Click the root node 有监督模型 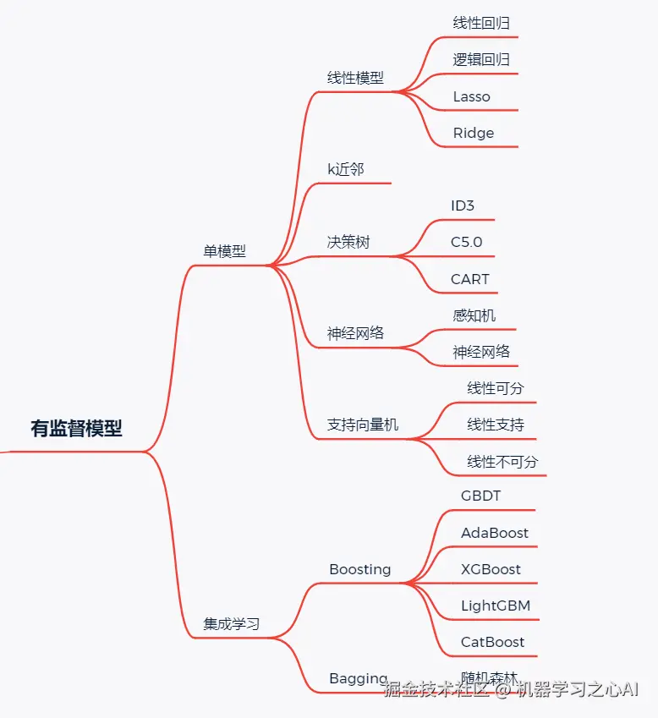point(76,429)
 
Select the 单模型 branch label point(224,251)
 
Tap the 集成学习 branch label point(231,625)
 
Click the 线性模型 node point(355,78)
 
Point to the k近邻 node point(346,169)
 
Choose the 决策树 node point(348,242)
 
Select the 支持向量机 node point(363,425)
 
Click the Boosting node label point(360,569)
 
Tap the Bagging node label point(359,679)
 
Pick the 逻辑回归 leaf point(481,59)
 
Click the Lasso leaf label point(471,96)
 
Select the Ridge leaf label point(473,133)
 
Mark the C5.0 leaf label point(466,242)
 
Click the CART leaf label point(469,279)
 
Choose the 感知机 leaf point(474,315)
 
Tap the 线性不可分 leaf point(502,462)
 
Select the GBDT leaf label point(480,496)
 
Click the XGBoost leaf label point(491,569)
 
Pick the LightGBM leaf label point(496,606)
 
